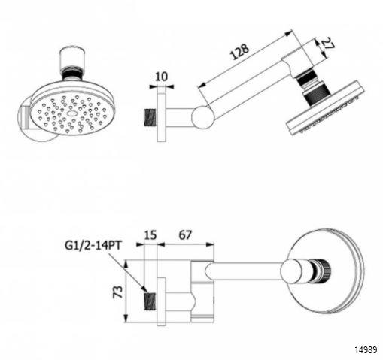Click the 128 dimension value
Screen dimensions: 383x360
coord(239,52)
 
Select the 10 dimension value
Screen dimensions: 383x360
coord(161,77)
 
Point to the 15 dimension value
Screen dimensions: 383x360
coord(150,235)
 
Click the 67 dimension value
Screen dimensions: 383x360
coord(185,235)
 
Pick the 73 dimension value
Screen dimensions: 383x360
coord(118,292)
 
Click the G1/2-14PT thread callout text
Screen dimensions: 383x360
coord(93,246)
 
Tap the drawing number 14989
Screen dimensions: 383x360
coord(366,349)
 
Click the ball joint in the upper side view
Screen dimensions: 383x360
coord(202,117)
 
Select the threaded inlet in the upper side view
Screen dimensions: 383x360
coord(151,117)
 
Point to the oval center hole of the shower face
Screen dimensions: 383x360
coord(72,113)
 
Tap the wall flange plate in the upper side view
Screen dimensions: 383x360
coord(162,117)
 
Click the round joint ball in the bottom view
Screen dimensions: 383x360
coord(292,271)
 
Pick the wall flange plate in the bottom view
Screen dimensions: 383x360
coord(162,301)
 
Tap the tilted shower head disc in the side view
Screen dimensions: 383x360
coord(326,108)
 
